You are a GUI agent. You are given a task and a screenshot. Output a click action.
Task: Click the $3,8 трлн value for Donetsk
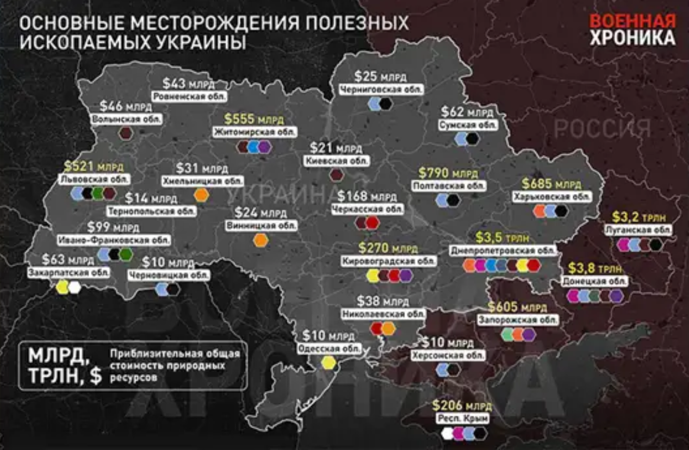coord(597,268)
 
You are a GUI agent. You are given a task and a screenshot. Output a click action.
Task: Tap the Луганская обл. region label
coord(638,230)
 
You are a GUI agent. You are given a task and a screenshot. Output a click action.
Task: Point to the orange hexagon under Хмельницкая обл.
coord(201,195)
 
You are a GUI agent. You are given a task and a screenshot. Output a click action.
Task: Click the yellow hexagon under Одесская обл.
coord(328,362)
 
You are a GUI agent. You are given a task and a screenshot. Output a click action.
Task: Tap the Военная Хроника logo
coord(632,29)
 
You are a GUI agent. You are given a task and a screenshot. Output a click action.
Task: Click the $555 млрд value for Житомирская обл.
coord(254,119)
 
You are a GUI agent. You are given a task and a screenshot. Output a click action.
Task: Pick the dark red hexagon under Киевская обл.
coord(337,174)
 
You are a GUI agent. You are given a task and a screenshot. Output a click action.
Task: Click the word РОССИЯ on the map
coord(603,129)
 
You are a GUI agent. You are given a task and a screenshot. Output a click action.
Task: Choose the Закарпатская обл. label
coord(69,272)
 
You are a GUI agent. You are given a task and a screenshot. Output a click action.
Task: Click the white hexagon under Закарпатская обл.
coord(75,287)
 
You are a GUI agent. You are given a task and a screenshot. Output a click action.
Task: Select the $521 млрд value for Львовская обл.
coord(93,166)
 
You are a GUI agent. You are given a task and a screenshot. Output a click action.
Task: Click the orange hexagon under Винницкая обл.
coord(261,240)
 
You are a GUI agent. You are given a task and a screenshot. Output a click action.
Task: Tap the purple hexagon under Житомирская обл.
coord(265,147)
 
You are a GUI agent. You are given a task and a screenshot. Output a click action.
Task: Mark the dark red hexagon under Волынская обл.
coord(126,134)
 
